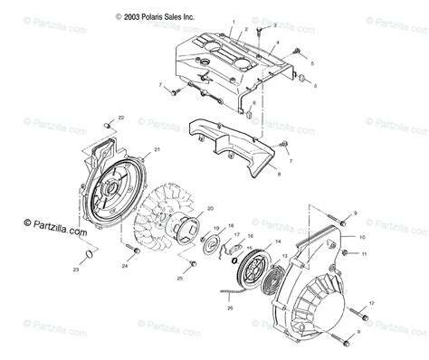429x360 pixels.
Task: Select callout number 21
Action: tap(157, 149)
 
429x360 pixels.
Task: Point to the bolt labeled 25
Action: tap(192, 264)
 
